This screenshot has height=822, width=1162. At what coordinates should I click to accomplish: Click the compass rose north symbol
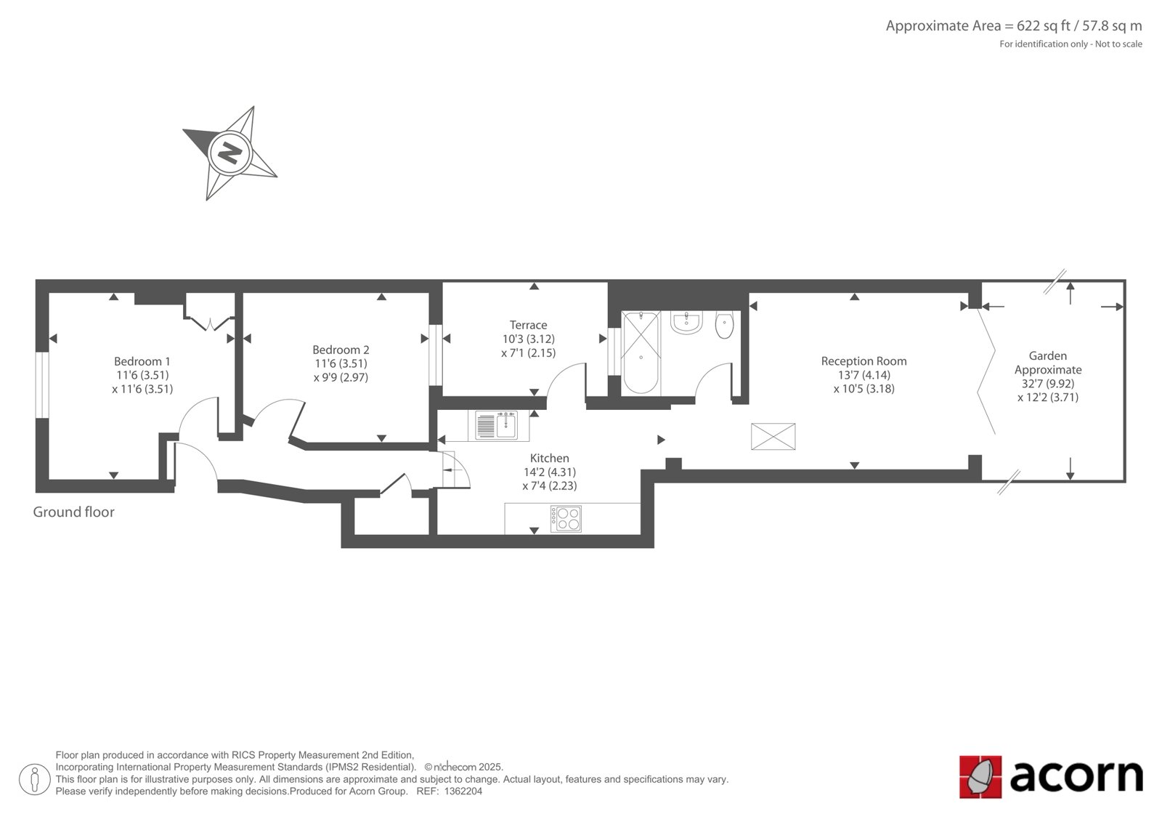pos(229,153)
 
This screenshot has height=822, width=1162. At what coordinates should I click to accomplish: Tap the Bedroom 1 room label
pos(142,361)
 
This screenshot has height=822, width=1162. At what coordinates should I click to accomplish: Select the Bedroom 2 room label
pos(341,350)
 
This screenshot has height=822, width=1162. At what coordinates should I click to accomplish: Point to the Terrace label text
pos(528,325)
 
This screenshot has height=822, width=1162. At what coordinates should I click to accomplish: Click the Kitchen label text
pos(549,458)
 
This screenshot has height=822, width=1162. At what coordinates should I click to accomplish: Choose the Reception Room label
pos(864,361)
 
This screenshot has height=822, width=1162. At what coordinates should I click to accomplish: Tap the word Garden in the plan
pos(1048,355)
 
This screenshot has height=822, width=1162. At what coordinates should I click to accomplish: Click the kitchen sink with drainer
pos(497,426)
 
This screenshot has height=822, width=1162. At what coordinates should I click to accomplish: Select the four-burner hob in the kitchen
pos(566,518)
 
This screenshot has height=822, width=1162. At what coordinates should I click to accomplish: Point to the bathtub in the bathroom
pos(641,352)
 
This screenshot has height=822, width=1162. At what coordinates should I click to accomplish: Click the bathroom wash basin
pos(686,323)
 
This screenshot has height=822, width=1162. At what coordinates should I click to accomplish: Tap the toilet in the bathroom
pos(724,325)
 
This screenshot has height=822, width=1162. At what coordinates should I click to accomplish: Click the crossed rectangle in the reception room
pos(773,437)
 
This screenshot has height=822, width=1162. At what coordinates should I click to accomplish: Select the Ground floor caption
pos(73,512)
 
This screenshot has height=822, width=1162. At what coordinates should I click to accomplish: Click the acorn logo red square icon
pos(980,777)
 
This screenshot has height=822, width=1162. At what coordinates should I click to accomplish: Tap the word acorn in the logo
pos(1076,777)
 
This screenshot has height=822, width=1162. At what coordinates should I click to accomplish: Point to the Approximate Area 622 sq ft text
pos(1014,26)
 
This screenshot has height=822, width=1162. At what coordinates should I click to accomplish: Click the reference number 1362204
pos(463,791)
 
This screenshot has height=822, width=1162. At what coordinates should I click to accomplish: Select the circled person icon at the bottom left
pos(34,779)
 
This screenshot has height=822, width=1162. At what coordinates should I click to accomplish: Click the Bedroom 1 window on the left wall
pos(42,384)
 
